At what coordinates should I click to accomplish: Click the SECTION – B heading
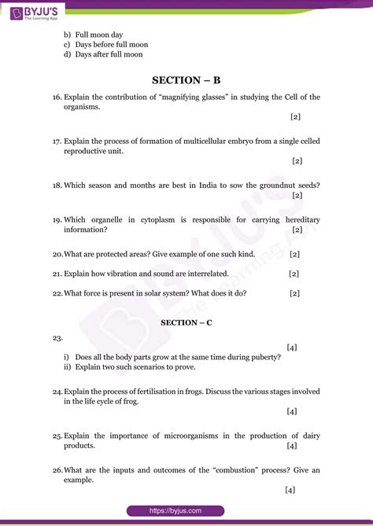click(x=186, y=79)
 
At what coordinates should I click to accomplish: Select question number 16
click(x=57, y=97)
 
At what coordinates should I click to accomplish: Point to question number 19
click(x=57, y=219)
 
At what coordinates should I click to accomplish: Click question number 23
click(x=57, y=337)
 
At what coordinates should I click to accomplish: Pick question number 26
click(x=57, y=470)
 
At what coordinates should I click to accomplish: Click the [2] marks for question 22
click(x=294, y=292)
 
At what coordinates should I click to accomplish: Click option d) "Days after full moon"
click(x=111, y=55)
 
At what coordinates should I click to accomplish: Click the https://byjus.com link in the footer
click(x=186, y=510)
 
